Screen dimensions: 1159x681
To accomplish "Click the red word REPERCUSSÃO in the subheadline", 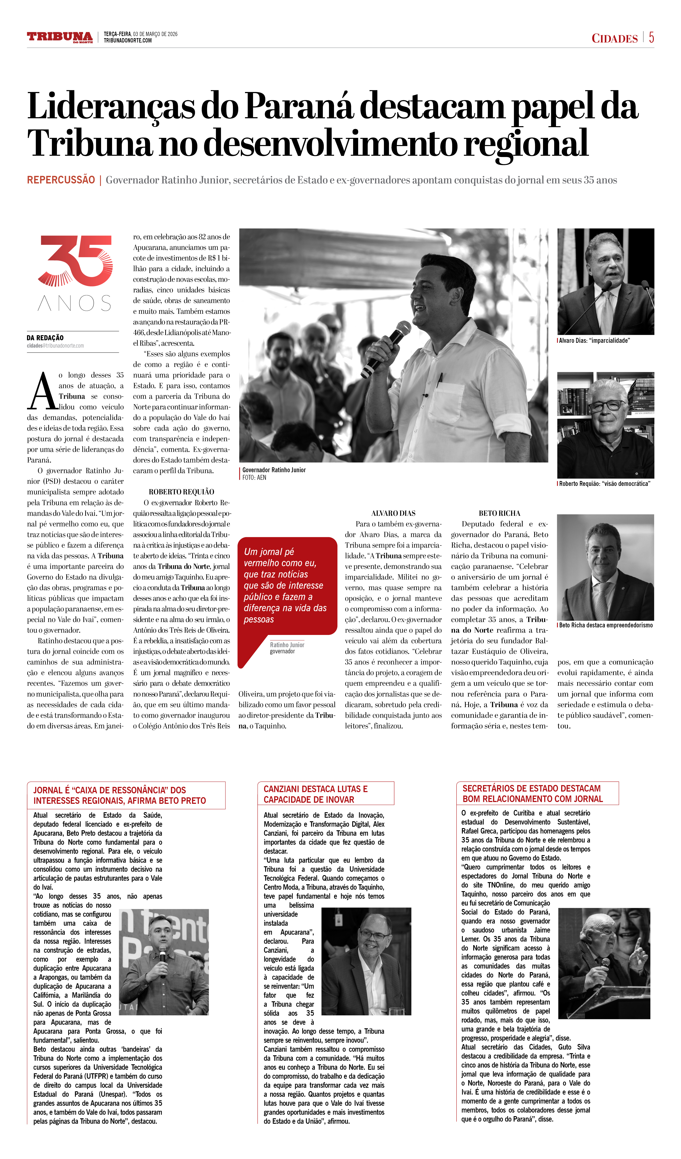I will coord(61,180).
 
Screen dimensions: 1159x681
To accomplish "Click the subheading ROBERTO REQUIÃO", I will coord(181,492).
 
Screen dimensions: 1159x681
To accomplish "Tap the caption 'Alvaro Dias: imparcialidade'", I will coord(594,341).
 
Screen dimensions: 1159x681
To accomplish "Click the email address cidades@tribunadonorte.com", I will coord(55,346).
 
